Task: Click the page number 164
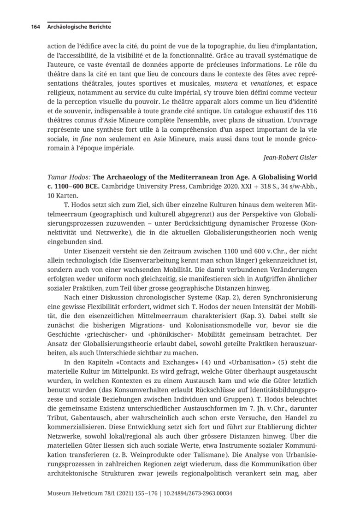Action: click(35, 27)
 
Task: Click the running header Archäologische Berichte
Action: click(79, 27)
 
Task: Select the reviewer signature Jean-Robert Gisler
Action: click(290, 157)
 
